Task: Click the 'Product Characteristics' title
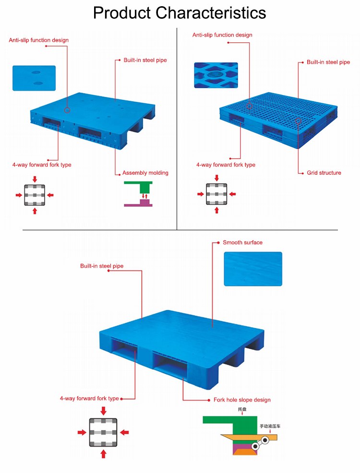[x=180, y=13]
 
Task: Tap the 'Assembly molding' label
[x=145, y=173]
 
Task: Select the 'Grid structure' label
[x=324, y=173]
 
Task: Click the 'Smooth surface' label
[x=242, y=243]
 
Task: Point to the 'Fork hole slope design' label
[x=242, y=400]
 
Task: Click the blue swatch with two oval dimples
[x=34, y=78]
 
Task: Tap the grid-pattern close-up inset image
[x=216, y=75]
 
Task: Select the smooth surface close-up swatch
[x=253, y=269]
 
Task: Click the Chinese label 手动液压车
[x=270, y=426]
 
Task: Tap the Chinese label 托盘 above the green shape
[x=242, y=409]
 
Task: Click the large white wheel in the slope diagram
[x=265, y=440]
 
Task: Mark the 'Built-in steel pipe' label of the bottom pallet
[x=102, y=266]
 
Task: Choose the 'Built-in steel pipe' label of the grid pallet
[x=328, y=62]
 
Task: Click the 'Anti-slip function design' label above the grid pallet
[x=222, y=35]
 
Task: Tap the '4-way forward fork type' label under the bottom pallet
[x=89, y=399]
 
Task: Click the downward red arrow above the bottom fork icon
[x=104, y=411]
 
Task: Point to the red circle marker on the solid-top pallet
[x=67, y=110]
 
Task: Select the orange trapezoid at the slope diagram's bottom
[x=244, y=451]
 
